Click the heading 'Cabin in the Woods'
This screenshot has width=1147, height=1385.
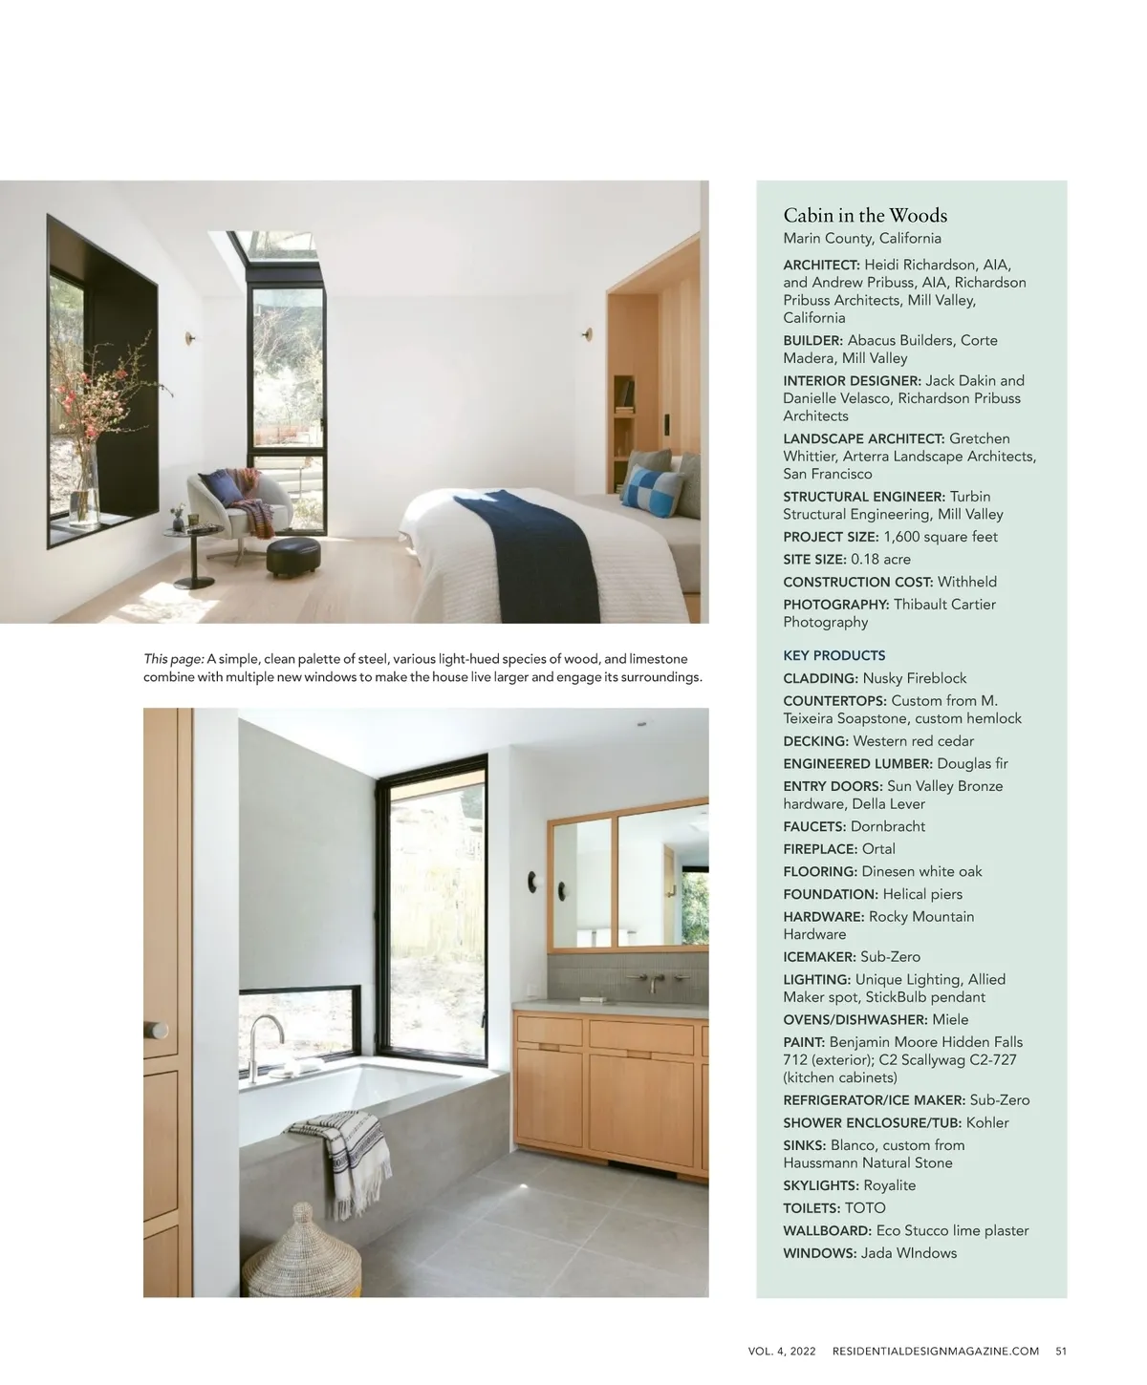click(865, 215)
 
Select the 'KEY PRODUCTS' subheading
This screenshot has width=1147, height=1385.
click(833, 655)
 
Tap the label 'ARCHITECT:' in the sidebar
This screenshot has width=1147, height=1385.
click(821, 265)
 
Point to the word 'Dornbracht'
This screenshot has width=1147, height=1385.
click(887, 826)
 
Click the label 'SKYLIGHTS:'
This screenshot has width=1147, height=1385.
click(820, 1185)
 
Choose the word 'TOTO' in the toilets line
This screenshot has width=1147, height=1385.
click(865, 1208)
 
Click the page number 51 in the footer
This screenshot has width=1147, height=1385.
click(1061, 1351)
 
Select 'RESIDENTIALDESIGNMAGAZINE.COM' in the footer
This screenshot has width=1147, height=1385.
click(935, 1351)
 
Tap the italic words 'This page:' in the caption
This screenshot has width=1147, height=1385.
click(173, 659)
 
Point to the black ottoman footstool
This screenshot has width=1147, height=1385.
click(292, 557)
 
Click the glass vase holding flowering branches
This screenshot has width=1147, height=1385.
click(86, 487)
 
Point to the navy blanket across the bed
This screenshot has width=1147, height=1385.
click(535, 554)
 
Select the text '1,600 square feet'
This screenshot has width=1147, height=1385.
click(940, 537)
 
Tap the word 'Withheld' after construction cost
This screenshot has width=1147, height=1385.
click(966, 582)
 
